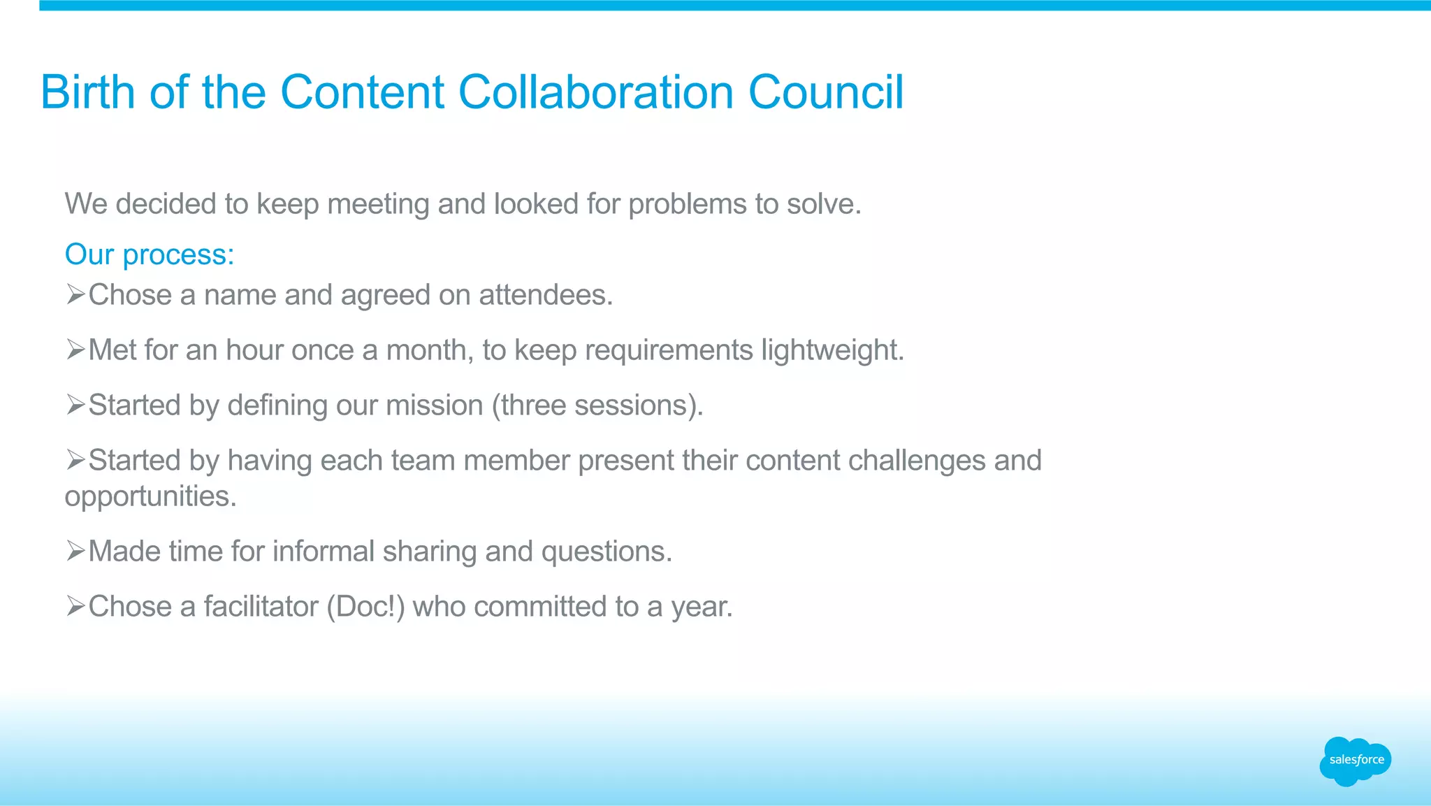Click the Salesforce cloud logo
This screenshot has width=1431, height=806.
click(x=1355, y=761)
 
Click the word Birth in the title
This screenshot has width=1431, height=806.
click(x=87, y=92)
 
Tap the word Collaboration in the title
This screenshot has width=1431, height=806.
click(x=595, y=92)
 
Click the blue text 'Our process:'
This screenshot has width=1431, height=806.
click(x=150, y=254)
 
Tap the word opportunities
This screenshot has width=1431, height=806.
click(x=150, y=497)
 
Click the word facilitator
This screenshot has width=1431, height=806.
click(x=261, y=607)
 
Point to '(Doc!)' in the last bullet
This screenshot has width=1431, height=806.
click(x=365, y=607)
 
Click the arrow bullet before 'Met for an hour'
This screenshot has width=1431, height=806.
click(x=75, y=350)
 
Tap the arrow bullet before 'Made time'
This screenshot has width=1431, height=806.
click(x=75, y=551)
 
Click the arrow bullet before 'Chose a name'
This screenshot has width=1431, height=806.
click(x=75, y=294)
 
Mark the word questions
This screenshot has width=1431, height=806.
click(x=606, y=552)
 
